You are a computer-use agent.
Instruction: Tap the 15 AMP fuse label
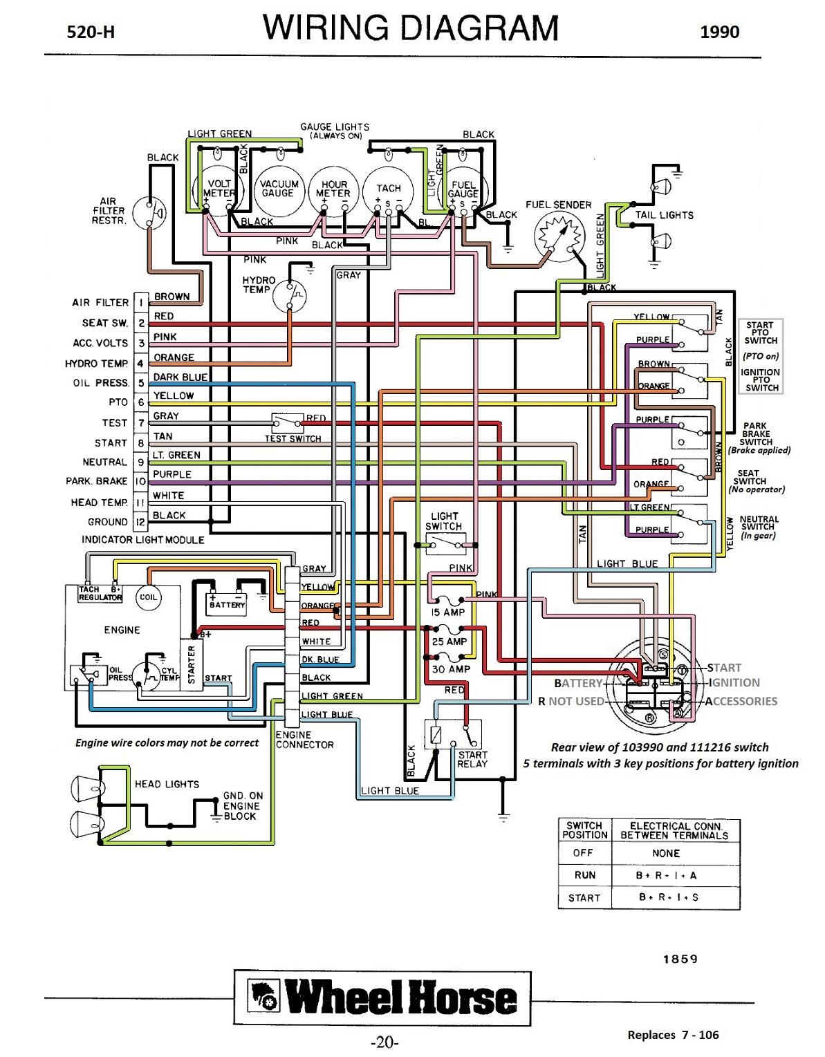click(x=448, y=612)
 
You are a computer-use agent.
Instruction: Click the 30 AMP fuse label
click(x=450, y=669)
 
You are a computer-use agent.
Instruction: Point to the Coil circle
click(x=149, y=597)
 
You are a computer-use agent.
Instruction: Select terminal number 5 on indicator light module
click(x=141, y=383)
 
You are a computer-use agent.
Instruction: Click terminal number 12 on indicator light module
click(x=141, y=522)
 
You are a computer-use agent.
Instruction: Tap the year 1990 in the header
click(x=719, y=32)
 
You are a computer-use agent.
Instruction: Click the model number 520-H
click(x=91, y=32)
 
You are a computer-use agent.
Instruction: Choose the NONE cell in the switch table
click(x=665, y=853)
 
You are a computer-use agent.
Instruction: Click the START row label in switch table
click(x=584, y=897)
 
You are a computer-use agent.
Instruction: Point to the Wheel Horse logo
click(x=382, y=999)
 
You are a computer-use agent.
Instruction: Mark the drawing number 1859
click(x=680, y=959)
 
